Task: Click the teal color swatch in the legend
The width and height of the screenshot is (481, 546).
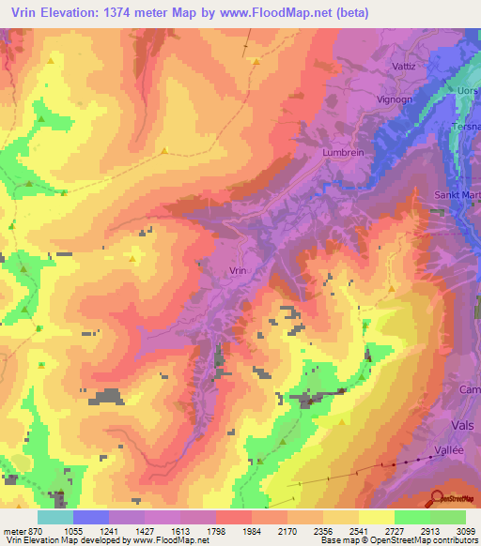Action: click(55, 517)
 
